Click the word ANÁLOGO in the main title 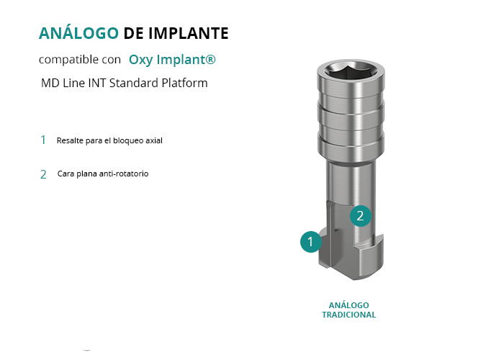click(x=78, y=33)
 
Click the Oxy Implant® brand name click(x=172, y=60)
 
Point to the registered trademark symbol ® click(x=210, y=59)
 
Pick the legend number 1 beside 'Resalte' click(x=43, y=140)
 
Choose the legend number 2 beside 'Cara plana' click(x=43, y=174)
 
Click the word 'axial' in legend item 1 click(x=154, y=140)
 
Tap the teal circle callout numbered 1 click(x=311, y=242)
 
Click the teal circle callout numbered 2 click(x=361, y=216)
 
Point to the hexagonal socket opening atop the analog click(x=351, y=71)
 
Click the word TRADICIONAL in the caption click(x=349, y=315)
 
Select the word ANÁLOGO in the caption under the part click(x=348, y=305)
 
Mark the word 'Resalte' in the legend click(x=70, y=140)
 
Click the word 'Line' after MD click(x=73, y=83)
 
